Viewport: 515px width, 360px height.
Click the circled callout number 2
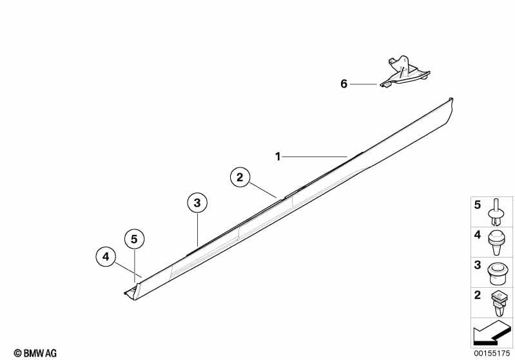click(x=240, y=177)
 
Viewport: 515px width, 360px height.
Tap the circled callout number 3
click(x=197, y=203)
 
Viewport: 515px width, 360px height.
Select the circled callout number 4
click(x=106, y=256)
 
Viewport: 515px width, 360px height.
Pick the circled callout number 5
click(x=134, y=239)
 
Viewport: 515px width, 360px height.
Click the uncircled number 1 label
click(x=278, y=157)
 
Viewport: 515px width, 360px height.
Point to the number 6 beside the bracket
click(x=344, y=84)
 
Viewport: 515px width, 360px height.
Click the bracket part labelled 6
click(x=405, y=73)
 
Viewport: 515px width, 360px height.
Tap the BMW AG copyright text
click(x=35, y=353)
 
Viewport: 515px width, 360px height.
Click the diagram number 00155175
click(x=492, y=354)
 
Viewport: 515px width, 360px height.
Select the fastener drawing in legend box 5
click(x=496, y=213)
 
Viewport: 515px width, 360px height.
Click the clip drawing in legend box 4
click(x=496, y=243)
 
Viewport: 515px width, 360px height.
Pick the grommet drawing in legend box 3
click(x=496, y=274)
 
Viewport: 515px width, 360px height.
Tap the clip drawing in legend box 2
click(x=498, y=304)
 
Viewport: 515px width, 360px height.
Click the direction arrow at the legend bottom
click(x=492, y=332)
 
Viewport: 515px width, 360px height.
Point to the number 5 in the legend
click(x=478, y=205)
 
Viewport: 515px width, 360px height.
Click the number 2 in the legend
click(x=478, y=295)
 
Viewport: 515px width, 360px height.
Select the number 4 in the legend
click(x=478, y=235)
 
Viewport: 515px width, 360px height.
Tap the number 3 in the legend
click(x=478, y=265)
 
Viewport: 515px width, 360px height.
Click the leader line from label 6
click(x=364, y=84)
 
